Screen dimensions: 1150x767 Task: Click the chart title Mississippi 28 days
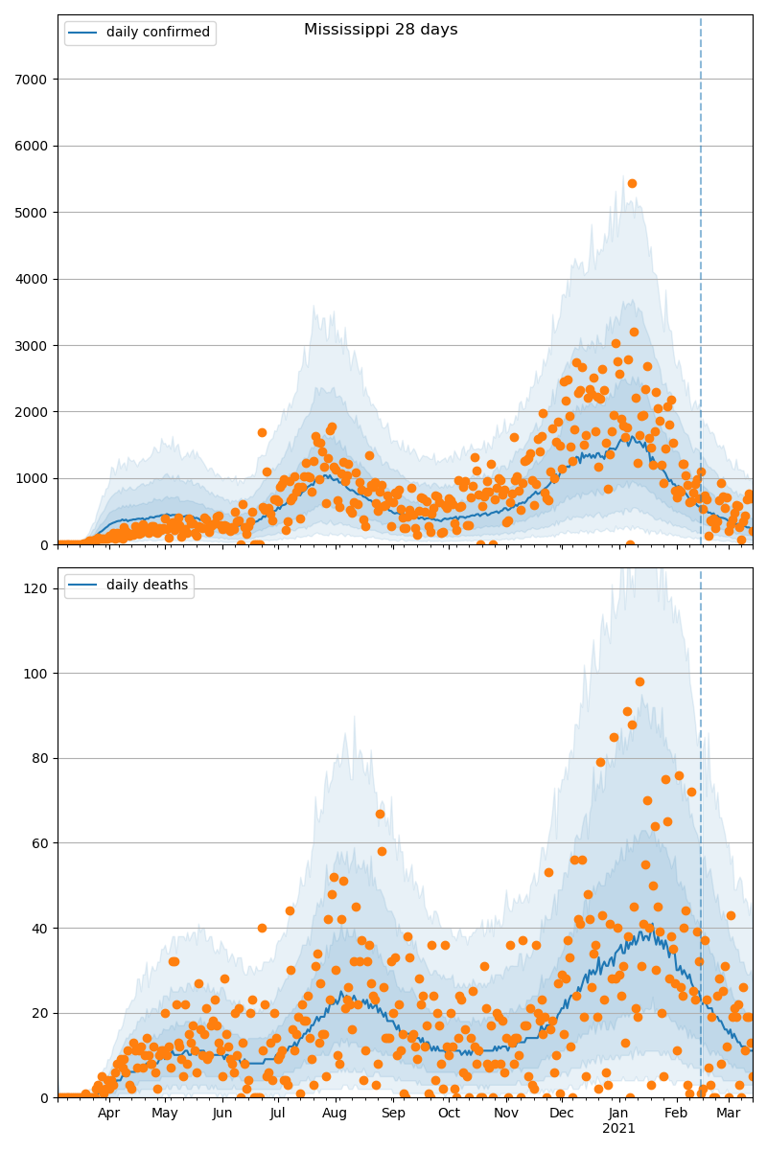(x=381, y=30)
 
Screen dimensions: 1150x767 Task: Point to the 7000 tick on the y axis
(x=33, y=80)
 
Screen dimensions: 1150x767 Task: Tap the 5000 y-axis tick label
(x=33, y=212)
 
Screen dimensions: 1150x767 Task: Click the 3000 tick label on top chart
(x=33, y=345)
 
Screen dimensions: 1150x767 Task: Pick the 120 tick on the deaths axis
(x=36, y=588)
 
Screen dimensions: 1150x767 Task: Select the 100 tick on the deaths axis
(x=36, y=674)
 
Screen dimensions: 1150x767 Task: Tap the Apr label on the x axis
(x=108, y=1115)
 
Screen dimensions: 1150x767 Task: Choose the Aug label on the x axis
(x=335, y=1115)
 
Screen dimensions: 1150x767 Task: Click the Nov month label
(x=505, y=1115)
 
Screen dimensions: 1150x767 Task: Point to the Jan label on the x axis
(x=618, y=1115)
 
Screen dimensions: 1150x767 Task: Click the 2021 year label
(x=618, y=1129)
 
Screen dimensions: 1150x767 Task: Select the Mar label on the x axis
(x=728, y=1115)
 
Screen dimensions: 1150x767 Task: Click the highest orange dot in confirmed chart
(x=632, y=183)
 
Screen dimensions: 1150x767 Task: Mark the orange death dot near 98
(x=639, y=682)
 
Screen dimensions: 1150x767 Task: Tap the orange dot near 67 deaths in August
(x=380, y=815)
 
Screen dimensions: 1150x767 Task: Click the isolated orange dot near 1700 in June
(x=262, y=432)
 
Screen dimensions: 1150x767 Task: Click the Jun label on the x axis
(x=222, y=1115)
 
